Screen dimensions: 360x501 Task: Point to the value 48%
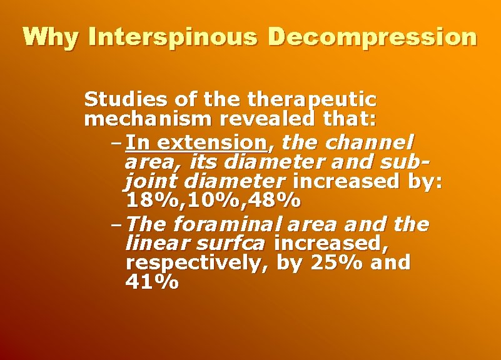tap(275, 201)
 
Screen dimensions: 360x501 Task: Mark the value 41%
tap(152, 282)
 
